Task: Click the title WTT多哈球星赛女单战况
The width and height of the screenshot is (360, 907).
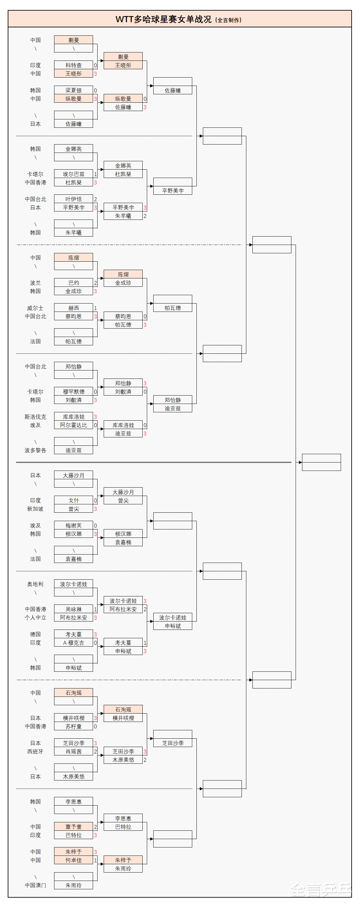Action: click(x=164, y=19)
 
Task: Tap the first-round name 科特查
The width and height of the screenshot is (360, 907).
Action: click(x=73, y=65)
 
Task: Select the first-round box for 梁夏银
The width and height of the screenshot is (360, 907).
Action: click(x=73, y=90)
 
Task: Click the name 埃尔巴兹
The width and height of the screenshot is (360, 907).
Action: click(x=73, y=174)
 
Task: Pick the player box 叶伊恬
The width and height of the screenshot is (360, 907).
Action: click(x=73, y=199)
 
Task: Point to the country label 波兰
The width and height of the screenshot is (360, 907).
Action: click(x=35, y=283)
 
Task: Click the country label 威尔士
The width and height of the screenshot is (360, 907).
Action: click(x=35, y=308)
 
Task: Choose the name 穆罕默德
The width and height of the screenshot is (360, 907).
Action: click(x=73, y=391)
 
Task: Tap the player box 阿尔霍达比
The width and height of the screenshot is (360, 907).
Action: click(x=73, y=425)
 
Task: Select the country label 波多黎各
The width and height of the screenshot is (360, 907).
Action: click(x=35, y=450)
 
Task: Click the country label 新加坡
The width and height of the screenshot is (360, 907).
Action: click(x=35, y=509)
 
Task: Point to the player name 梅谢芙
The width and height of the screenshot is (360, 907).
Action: click(x=73, y=525)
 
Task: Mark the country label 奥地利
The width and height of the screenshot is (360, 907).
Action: click(x=35, y=584)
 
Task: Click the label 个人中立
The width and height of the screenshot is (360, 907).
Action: click(x=35, y=617)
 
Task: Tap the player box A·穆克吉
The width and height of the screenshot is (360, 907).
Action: click(x=73, y=642)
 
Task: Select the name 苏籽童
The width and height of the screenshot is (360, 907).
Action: click(x=73, y=726)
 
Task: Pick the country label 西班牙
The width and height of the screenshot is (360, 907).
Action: click(x=35, y=751)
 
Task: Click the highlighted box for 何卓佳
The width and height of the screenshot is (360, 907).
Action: click(x=73, y=860)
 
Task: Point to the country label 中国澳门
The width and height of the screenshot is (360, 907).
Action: click(x=35, y=885)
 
